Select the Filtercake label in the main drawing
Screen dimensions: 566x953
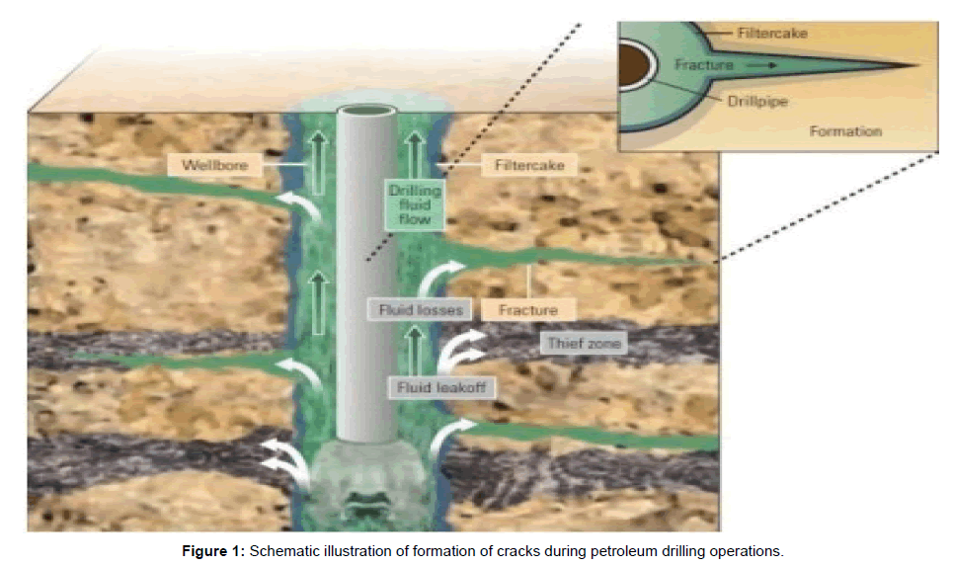click(x=529, y=165)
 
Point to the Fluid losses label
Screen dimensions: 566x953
click(x=421, y=309)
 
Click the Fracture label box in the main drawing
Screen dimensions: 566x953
click(x=528, y=309)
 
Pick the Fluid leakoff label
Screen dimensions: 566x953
click(x=441, y=387)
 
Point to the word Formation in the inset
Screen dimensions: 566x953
click(x=845, y=130)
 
